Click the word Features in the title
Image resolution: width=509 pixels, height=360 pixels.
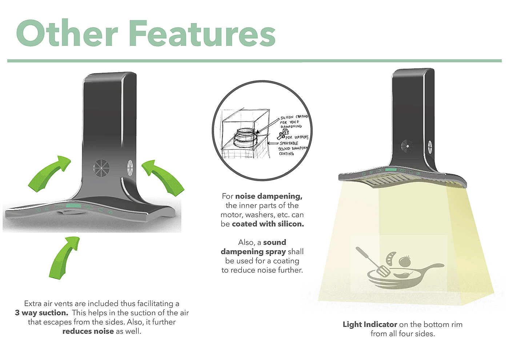coord(202,33)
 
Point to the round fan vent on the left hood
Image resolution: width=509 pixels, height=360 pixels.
coord(101,168)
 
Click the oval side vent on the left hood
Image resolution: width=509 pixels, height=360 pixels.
coord(130,168)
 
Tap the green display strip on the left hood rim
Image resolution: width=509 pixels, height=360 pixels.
coord(74,207)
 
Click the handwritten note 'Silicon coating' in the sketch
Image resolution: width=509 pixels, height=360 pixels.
coord(294,117)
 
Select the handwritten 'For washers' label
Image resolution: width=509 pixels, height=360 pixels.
coord(297,137)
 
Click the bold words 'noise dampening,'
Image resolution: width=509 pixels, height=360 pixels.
coord(269,196)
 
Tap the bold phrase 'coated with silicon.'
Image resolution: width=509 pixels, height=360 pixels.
coord(268,224)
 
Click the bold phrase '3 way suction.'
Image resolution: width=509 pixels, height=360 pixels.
coord(41,313)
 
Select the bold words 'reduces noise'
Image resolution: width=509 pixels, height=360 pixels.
coord(88,331)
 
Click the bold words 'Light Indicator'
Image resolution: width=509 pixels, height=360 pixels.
coord(370,324)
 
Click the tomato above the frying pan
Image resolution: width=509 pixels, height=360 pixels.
coord(405,261)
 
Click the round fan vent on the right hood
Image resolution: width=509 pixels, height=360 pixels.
coord(407,146)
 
